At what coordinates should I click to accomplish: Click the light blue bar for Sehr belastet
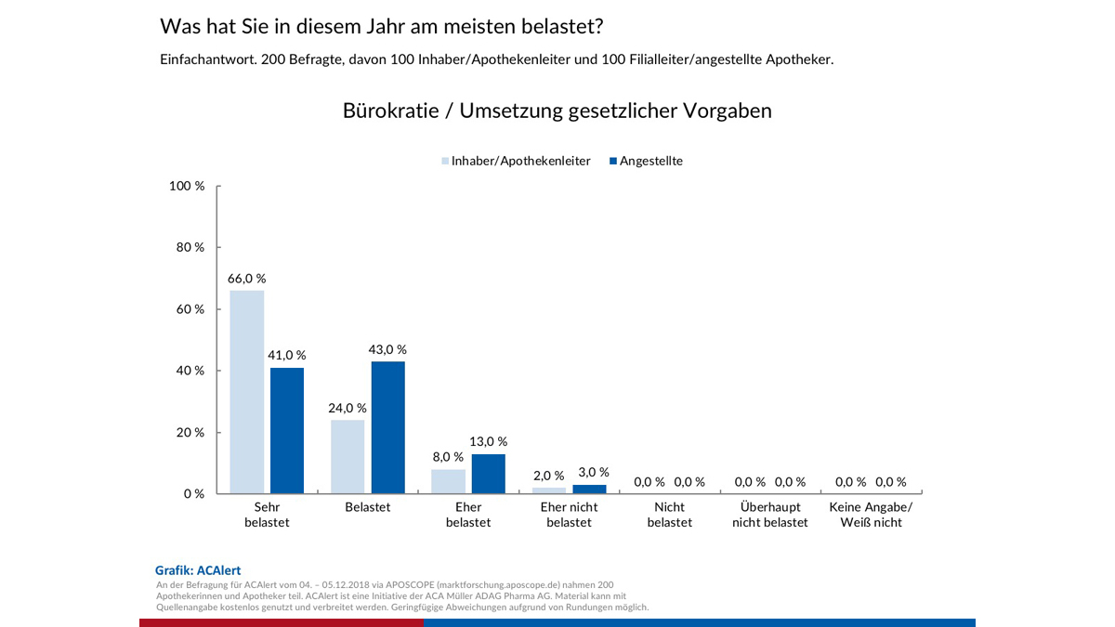247,392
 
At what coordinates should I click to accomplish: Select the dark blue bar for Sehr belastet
287,430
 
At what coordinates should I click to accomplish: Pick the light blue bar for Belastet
348,456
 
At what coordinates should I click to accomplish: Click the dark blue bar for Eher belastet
489,474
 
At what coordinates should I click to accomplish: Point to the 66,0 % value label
247,279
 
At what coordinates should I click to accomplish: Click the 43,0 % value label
388,350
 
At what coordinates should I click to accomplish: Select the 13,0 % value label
489,442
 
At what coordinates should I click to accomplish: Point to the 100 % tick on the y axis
188,186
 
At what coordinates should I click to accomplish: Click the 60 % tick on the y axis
191,309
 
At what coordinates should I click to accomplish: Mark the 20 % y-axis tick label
191,433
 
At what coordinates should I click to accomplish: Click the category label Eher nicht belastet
570,515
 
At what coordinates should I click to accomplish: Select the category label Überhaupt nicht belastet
770,515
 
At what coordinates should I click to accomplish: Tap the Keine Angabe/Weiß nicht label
871,515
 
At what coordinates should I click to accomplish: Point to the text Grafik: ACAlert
198,570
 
